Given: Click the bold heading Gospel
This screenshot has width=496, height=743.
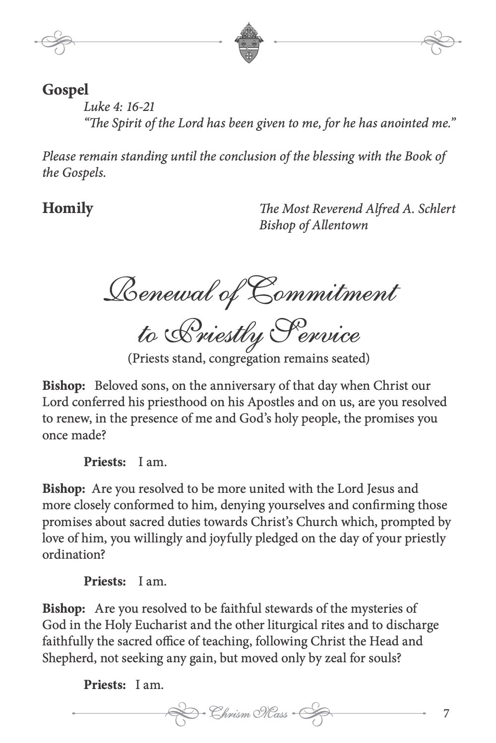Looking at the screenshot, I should [x=65, y=90].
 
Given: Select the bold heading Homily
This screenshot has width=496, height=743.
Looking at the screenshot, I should [x=67, y=208].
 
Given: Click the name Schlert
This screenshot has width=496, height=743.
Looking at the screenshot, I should [x=435, y=209].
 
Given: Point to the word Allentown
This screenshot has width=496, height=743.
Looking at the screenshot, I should [x=340, y=225].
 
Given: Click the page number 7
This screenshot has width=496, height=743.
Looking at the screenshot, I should [x=446, y=714].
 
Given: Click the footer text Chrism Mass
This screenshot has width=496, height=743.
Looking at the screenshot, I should [x=248, y=714].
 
